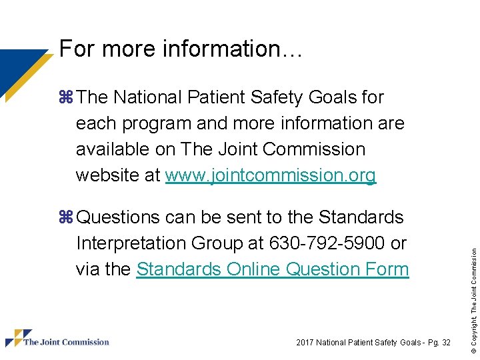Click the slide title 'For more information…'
tap(181, 49)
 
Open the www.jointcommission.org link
tap(271, 175)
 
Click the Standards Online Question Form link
tap(272, 269)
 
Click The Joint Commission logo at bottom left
tap(57, 339)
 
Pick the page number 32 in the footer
tap(445, 343)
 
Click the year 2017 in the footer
tap(307, 343)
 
